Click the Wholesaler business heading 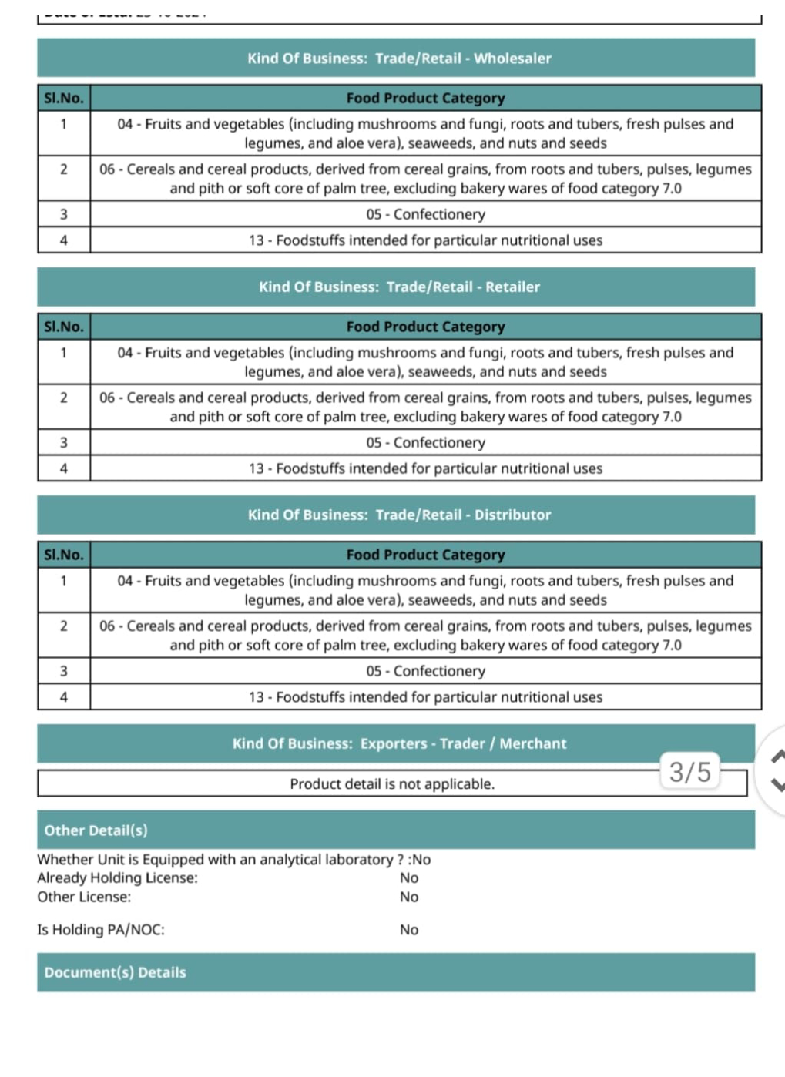(399, 59)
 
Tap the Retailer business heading (399, 287)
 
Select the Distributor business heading (399, 515)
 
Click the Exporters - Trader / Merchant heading (399, 743)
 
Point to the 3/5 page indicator (689, 771)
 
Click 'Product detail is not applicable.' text (392, 784)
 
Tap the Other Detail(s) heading (96, 830)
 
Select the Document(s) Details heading (115, 972)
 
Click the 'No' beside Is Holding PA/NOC (409, 930)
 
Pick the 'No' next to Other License (409, 897)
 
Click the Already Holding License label (117, 877)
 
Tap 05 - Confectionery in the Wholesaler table (425, 214)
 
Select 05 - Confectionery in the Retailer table (425, 443)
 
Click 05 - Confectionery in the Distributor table (425, 671)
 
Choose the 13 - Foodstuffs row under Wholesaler (425, 240)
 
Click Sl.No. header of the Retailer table (64, 327)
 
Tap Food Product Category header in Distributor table (425, 555)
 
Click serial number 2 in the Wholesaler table (64, 169)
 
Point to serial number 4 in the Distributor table (64, 697)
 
